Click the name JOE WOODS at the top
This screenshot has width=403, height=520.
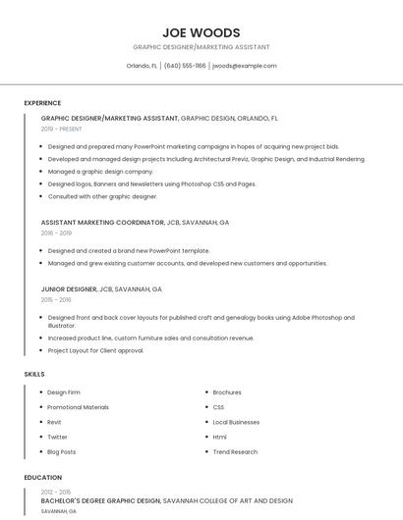(x=201, y=32)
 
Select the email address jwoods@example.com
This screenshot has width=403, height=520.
(x=245, y=66)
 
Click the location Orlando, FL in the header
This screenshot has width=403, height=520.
(x=142, y=66)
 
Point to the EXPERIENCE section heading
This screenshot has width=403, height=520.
(x=42, y=103)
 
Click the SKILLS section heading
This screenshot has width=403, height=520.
(x=34, y=374)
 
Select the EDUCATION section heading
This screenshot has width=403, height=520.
(x=42, y=478)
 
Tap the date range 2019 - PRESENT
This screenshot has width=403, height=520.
(x=62, y=129)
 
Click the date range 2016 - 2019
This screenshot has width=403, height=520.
(x=56, y=233)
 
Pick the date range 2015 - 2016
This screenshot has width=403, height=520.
(x=56, y=300)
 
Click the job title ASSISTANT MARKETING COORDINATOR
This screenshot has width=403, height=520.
(x=102, y=223)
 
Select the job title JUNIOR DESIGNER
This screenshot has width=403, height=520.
(x=69, y=289)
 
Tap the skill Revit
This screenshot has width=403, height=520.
(x=56, y=422)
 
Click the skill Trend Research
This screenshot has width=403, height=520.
(x=235, y=451)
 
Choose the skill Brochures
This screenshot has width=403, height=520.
(x=227, y=392)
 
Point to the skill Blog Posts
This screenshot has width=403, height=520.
(x=62, y=451)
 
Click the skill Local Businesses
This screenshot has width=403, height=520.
(x=236, y=422)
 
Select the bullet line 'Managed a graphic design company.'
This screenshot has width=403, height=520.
(x=100, y=171)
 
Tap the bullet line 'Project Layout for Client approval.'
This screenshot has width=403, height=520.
(x=96, y=350)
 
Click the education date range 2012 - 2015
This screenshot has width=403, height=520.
(x=56, y=491)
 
